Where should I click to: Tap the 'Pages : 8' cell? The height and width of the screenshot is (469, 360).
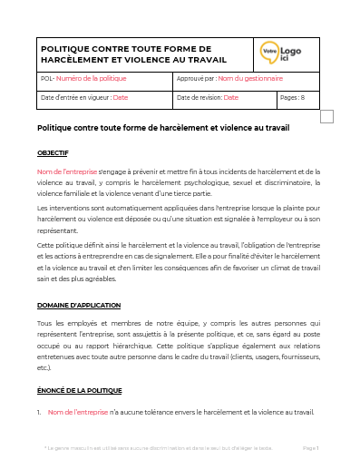point(294,97)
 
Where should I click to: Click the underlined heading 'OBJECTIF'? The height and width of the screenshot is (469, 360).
point(53,152)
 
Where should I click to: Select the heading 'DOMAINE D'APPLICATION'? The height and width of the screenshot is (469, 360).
point(78,305)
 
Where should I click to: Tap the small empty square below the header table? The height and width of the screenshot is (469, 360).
point(326,115)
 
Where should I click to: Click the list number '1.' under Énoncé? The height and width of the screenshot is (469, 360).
point(40,413)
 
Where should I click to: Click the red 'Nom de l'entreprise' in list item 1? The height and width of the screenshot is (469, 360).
point(77,413)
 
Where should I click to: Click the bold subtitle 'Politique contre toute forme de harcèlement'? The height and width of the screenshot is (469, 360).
point(163,128)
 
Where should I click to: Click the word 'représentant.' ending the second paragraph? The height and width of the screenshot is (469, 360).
point(60,232)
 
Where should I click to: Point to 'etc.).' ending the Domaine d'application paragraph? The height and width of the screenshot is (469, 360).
point(47,368)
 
